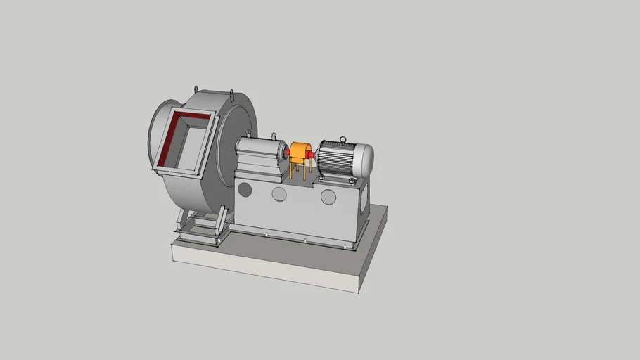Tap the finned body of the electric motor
click(x=338, y=158)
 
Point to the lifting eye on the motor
click(x=343, y=139)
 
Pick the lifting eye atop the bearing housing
click(x=274, y=134)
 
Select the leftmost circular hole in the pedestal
click(x=245, y=188)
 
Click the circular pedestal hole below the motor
click(x=328, y=196)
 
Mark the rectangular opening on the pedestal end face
click(x=362, y=201)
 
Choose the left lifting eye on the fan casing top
click(x=194, y=87)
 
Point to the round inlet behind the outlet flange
click(x=155, y=134)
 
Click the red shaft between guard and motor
click(x=314, y=153)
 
